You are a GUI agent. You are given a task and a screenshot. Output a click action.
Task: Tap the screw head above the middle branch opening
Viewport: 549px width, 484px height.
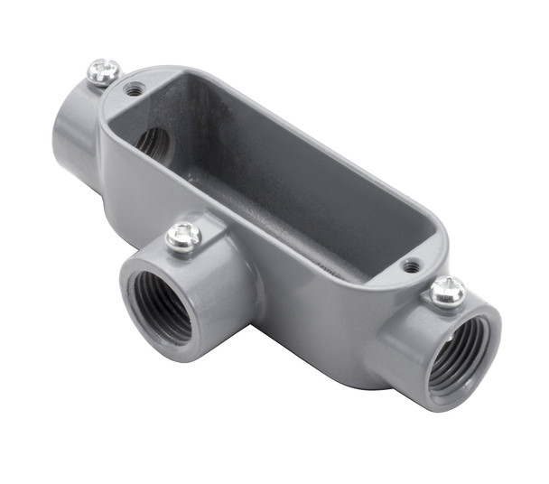coord(184,237)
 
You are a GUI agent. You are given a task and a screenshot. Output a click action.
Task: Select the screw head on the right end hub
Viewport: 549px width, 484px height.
coord(447,291)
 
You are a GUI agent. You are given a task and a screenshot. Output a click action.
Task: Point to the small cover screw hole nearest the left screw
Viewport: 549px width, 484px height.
coord(135,89)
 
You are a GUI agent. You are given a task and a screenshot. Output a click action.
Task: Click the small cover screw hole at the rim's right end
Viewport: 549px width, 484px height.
coord(411,266)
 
